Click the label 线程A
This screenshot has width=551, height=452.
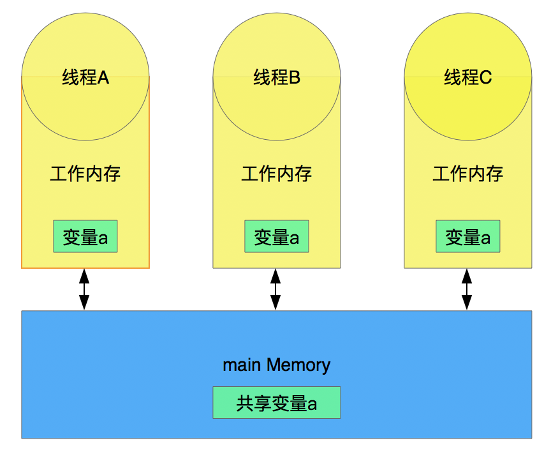click(x=85, y=77)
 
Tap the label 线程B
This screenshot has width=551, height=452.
click(x=277, y=77)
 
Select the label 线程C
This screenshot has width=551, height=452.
click(x=467, y=77)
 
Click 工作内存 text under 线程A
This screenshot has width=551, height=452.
click(x=85, y=174)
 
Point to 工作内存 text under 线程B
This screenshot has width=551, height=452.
click(x=277, y=174)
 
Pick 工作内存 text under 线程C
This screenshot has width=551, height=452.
click(x=467, y=174)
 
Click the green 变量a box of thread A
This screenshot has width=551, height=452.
click(x=85, y=236)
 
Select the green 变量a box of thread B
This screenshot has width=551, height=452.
click(x=277, y=236)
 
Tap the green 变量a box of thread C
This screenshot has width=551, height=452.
click(x=467, y=236)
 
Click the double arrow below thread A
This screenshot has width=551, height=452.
click(x=84, y=289)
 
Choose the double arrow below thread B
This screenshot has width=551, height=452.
click(x=275, y=289)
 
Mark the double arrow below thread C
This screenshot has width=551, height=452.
click(x=467, y=289)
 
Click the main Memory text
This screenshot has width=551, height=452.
click(x=277, y=365)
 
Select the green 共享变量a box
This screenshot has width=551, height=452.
click(x=277, y=402)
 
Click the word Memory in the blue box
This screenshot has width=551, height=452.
click(x=298, y=365)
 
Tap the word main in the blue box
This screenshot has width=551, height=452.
click(x=242, y=365)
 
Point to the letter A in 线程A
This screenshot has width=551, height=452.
click(x=103, y=77)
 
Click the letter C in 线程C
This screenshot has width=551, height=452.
click(x=485, y=77)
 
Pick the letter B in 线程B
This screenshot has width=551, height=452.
click(x=294, y=77)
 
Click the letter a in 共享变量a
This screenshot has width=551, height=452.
click(x=312, y=404)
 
